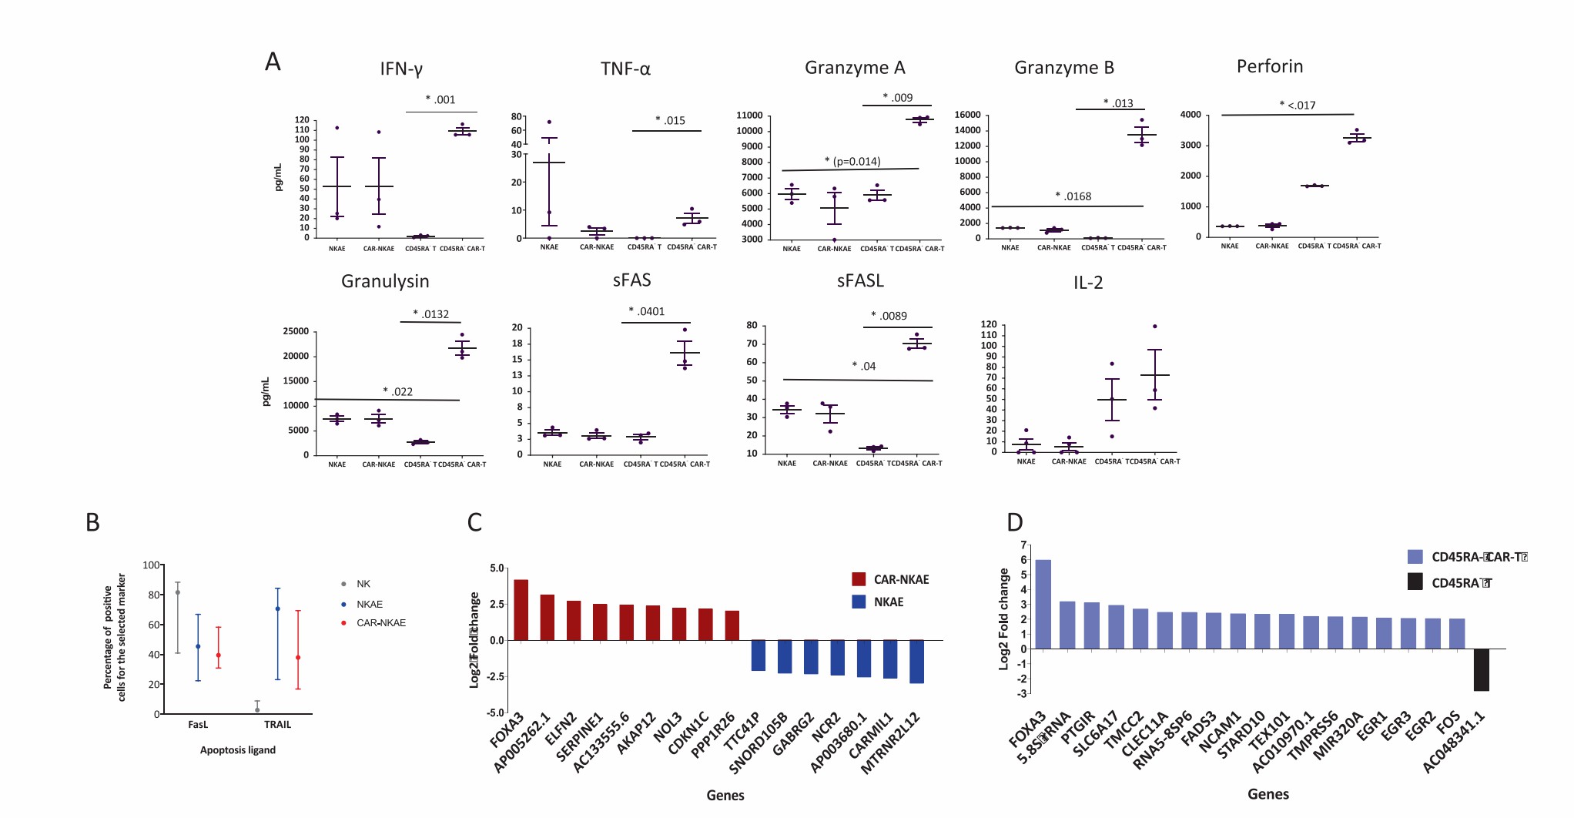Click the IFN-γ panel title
(401, 69)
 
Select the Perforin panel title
(1269, 66)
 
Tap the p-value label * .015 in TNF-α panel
(670, 120)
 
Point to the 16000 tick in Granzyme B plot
(967, 115)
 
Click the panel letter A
(273, 62)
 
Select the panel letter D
(1015, 522)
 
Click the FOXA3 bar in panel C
(521, 609)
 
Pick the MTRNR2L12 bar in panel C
(916, 661)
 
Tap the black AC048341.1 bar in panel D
(1481, 669)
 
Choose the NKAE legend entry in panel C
(888, 602)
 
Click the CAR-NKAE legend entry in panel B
(380, 622)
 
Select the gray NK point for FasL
(178, 592)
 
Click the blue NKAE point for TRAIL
(277, 608)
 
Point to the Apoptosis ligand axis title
(237, 749)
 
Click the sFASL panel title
(860, 281)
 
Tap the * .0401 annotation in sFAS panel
(647, 311)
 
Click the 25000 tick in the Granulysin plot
(296, 331)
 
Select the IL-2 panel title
(1087, 283)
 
